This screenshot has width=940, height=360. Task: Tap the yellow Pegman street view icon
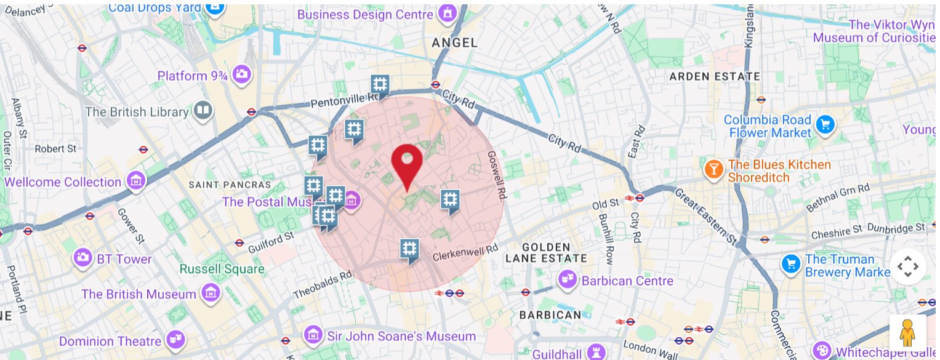click(x=907, y=334)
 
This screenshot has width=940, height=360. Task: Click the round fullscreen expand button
click(x=907, y=266)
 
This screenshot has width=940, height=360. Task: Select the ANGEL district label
click(x=455, y=42)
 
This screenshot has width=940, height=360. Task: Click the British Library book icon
click(x=202, y=111)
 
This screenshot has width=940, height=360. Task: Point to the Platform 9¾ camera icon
click(x=243, y=74)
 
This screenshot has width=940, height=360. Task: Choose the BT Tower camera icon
click(x=82, y=259)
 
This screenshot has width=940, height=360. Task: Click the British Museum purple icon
click(x=211, y=294)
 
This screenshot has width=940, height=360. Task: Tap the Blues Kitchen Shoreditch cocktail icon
click(x=713, y=170)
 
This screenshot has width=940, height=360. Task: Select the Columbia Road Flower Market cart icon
click(x=825, y=126)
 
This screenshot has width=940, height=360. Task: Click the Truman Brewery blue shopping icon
click(x=790, y=265)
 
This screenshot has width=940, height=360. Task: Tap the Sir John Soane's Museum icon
click(x=313, y=335)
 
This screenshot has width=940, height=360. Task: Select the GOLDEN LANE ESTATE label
click(x=546, y=252)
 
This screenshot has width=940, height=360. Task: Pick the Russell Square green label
click(x=222, y=269)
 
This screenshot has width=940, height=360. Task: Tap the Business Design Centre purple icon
click(x=446, y=14)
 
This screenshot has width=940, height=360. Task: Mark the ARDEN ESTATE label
click(x=715, y=77)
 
